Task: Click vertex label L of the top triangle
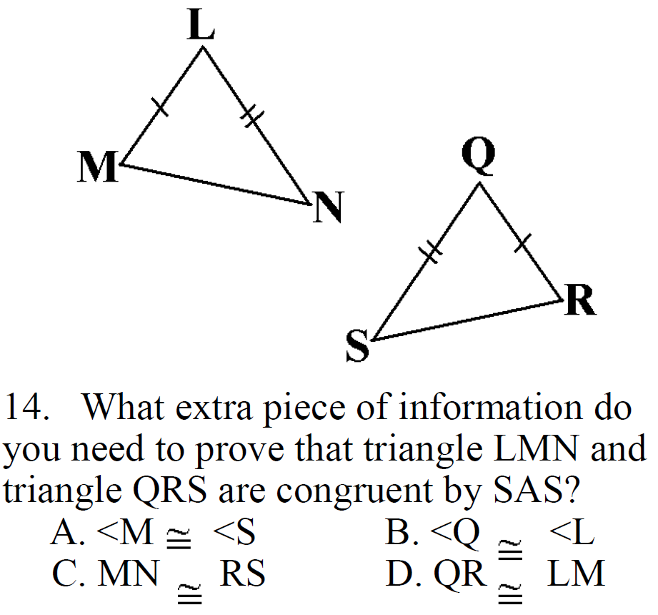(201, 27)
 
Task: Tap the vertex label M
(98, 169)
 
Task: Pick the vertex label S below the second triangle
(358, 348)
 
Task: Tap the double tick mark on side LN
(249, 115)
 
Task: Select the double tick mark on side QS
(431, 251)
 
